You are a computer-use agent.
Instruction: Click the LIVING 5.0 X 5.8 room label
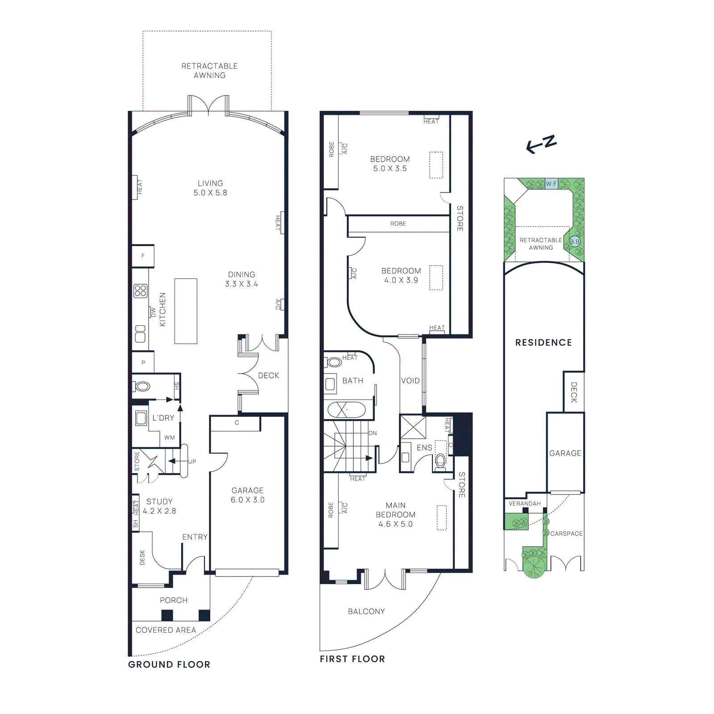click(x=210, y=188)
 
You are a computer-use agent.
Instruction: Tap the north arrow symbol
click(x=541, y=144)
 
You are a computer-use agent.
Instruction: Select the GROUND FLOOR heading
click(x=169, y=664)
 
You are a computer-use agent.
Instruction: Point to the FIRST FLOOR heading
click(x=352, y=659)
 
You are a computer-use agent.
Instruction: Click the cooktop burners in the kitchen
click(x=140, y=291)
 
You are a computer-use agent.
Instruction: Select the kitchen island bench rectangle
click(x=186, y=311)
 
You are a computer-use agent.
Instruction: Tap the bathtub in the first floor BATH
click(x=346, y=410)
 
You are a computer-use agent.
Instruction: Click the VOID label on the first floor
click(x=410, y=381)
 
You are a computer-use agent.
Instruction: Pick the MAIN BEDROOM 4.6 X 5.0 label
click(x=395, y=515)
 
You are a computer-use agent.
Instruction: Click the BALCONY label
click(x=366, y=611)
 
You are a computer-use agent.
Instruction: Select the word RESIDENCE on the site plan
click(x=543, y=343)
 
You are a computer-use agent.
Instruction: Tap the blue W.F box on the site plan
click(x=552, y=184)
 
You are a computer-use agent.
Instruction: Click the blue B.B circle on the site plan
click(x=575, y=242)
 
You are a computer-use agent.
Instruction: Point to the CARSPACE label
click(x=566, y=534)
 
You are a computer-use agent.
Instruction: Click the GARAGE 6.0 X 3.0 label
click(x=248, y=495)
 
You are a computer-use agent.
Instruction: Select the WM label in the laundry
click(x=170, y=438)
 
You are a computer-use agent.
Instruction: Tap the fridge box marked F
click(x=143, y=256)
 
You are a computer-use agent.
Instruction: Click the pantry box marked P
click(x=143, y=363)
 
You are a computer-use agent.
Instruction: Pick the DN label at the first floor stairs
click(x=373, y=433)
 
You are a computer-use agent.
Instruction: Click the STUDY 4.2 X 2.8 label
click(x=159, y=506)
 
